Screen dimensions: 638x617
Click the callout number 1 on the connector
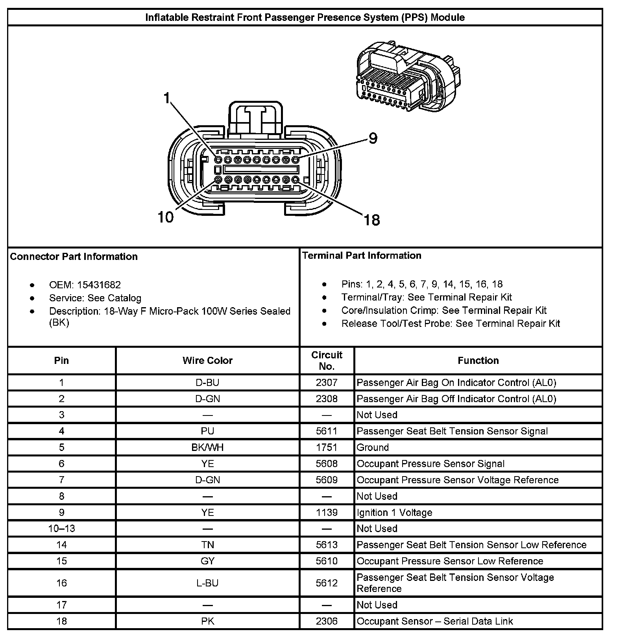(167, 98)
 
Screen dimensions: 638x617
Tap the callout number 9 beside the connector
(372, 138)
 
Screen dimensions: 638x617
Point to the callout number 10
(165, 217)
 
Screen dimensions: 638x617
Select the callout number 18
(371, 220)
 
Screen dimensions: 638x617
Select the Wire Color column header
(207, 360)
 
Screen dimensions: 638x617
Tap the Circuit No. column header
(327, 360)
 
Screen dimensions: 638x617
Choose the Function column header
(478, 360)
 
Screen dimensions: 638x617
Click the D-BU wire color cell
(207, 382)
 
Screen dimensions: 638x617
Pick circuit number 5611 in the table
(327, 431)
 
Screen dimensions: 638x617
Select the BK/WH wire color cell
(207, 447)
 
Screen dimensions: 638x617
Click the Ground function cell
(373, 447)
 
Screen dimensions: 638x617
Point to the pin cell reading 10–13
(61, 529)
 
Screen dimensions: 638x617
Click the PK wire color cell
(207, 621)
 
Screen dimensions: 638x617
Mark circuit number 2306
(327, 621)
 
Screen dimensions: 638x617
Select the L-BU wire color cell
(207, 583)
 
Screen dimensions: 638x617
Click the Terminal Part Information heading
(362, 256)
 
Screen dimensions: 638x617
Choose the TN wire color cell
(207, 545)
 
